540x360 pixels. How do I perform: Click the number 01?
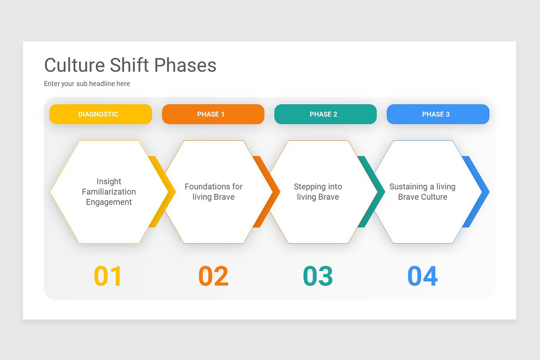(x=108, y=276)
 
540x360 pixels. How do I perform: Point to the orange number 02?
(x=213, y=276)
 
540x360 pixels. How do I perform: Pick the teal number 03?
(x=318, y=276)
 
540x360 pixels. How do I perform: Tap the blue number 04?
(x=422, y=276)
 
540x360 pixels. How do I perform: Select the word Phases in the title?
(x=185, y=65)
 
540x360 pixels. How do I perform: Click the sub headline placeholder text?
(x=87, y=84)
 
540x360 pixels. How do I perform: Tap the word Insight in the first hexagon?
(x=109, y=181)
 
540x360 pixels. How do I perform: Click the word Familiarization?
(x=109, y=192)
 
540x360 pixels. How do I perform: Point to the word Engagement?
(x=109, y=202)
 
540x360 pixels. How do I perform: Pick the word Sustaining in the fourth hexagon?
(x=408, y=186)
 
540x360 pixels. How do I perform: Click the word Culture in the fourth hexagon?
(x=434, y=197)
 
